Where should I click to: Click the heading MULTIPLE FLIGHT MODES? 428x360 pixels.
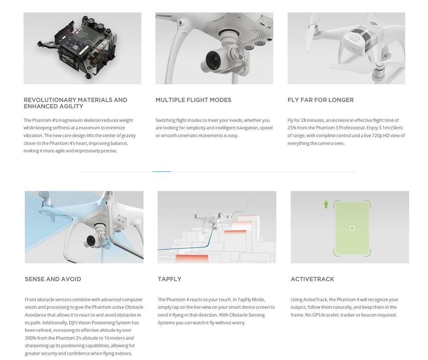pyautogui.click(x=193, y=100)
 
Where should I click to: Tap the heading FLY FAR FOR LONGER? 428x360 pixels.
pyautogui.click(x=321, y=100)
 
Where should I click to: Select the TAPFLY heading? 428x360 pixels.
pyautogui.click(x=169, y=279)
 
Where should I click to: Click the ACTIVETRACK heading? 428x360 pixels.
pyautogui.click(x=312, y=279)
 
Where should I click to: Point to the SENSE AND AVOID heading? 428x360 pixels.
pyautogui.click(x=53, y=279)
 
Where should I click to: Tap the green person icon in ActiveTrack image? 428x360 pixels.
pyautogui.click(x=325, y=204)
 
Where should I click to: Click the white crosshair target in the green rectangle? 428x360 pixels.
pyautogui.click(x=352, y=228)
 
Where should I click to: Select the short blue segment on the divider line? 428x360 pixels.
pyautogui.click(x=162, y=172)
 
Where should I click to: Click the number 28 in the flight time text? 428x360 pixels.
pyautogui.click(x=303, y=120)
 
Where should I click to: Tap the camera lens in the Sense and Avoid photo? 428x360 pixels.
pyautogui.click(x=91, y=240)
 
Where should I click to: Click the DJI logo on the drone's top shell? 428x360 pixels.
pyautogui.click(x=373, y=24)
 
